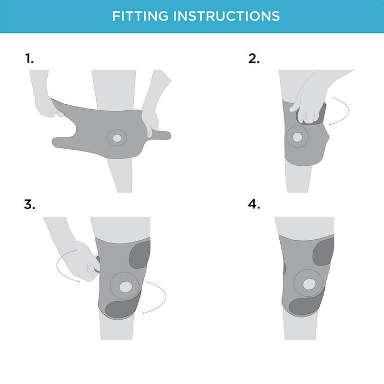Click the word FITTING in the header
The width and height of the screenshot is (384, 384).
point(140,16)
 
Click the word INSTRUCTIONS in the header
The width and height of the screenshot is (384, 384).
point(227,16)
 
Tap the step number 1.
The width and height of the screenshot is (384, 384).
point(30,59)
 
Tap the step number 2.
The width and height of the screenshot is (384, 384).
point(253,59)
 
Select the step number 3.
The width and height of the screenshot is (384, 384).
point(30,204)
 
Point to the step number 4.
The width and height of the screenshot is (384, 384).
point(253,204)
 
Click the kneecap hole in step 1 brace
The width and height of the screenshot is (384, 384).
point(117,138)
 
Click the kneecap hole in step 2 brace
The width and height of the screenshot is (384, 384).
point(297,137)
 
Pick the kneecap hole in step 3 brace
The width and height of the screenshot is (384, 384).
point(126,287)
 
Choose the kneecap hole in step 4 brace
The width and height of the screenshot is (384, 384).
point(309,284)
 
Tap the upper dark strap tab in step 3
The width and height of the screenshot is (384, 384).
point(140,255)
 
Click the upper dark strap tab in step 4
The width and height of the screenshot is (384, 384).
point(324,252)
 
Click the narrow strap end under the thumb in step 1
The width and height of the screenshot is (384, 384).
point(159,135)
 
